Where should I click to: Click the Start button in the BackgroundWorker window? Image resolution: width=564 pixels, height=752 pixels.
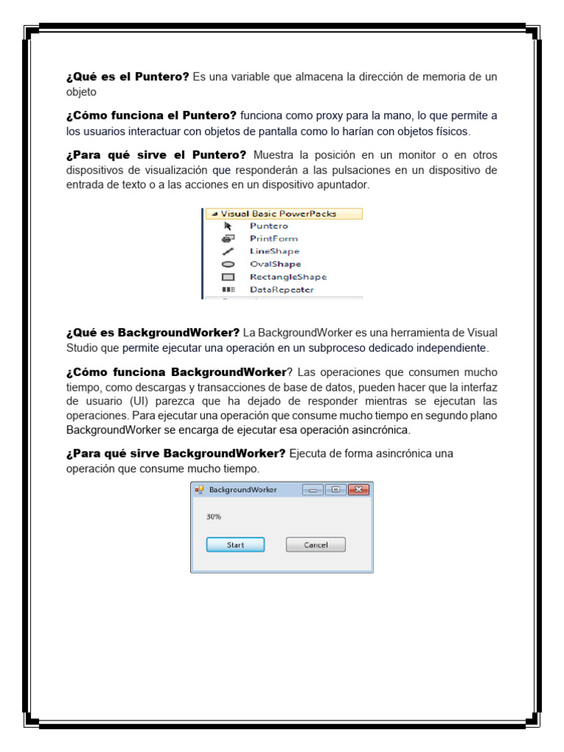235,545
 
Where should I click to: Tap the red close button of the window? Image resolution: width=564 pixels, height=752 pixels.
358,490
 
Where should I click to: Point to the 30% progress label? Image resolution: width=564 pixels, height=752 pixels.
214,517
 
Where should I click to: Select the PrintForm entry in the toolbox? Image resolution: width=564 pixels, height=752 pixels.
274,239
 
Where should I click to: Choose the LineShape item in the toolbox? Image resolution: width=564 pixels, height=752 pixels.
275,251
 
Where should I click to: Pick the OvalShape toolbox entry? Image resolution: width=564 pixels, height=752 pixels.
275,264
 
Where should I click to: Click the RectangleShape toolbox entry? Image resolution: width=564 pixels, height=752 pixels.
288,277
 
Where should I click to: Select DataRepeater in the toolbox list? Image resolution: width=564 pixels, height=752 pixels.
281,289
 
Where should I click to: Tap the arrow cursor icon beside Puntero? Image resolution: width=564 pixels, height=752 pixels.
228,226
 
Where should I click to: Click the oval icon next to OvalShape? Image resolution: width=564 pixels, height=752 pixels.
228,264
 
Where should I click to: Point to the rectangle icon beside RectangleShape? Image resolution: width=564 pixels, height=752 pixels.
228,277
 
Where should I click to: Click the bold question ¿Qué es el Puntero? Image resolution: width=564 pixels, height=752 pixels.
128,77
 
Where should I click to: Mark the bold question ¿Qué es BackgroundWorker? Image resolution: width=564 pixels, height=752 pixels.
153,333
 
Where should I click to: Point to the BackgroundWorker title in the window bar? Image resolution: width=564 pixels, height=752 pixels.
243,490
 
